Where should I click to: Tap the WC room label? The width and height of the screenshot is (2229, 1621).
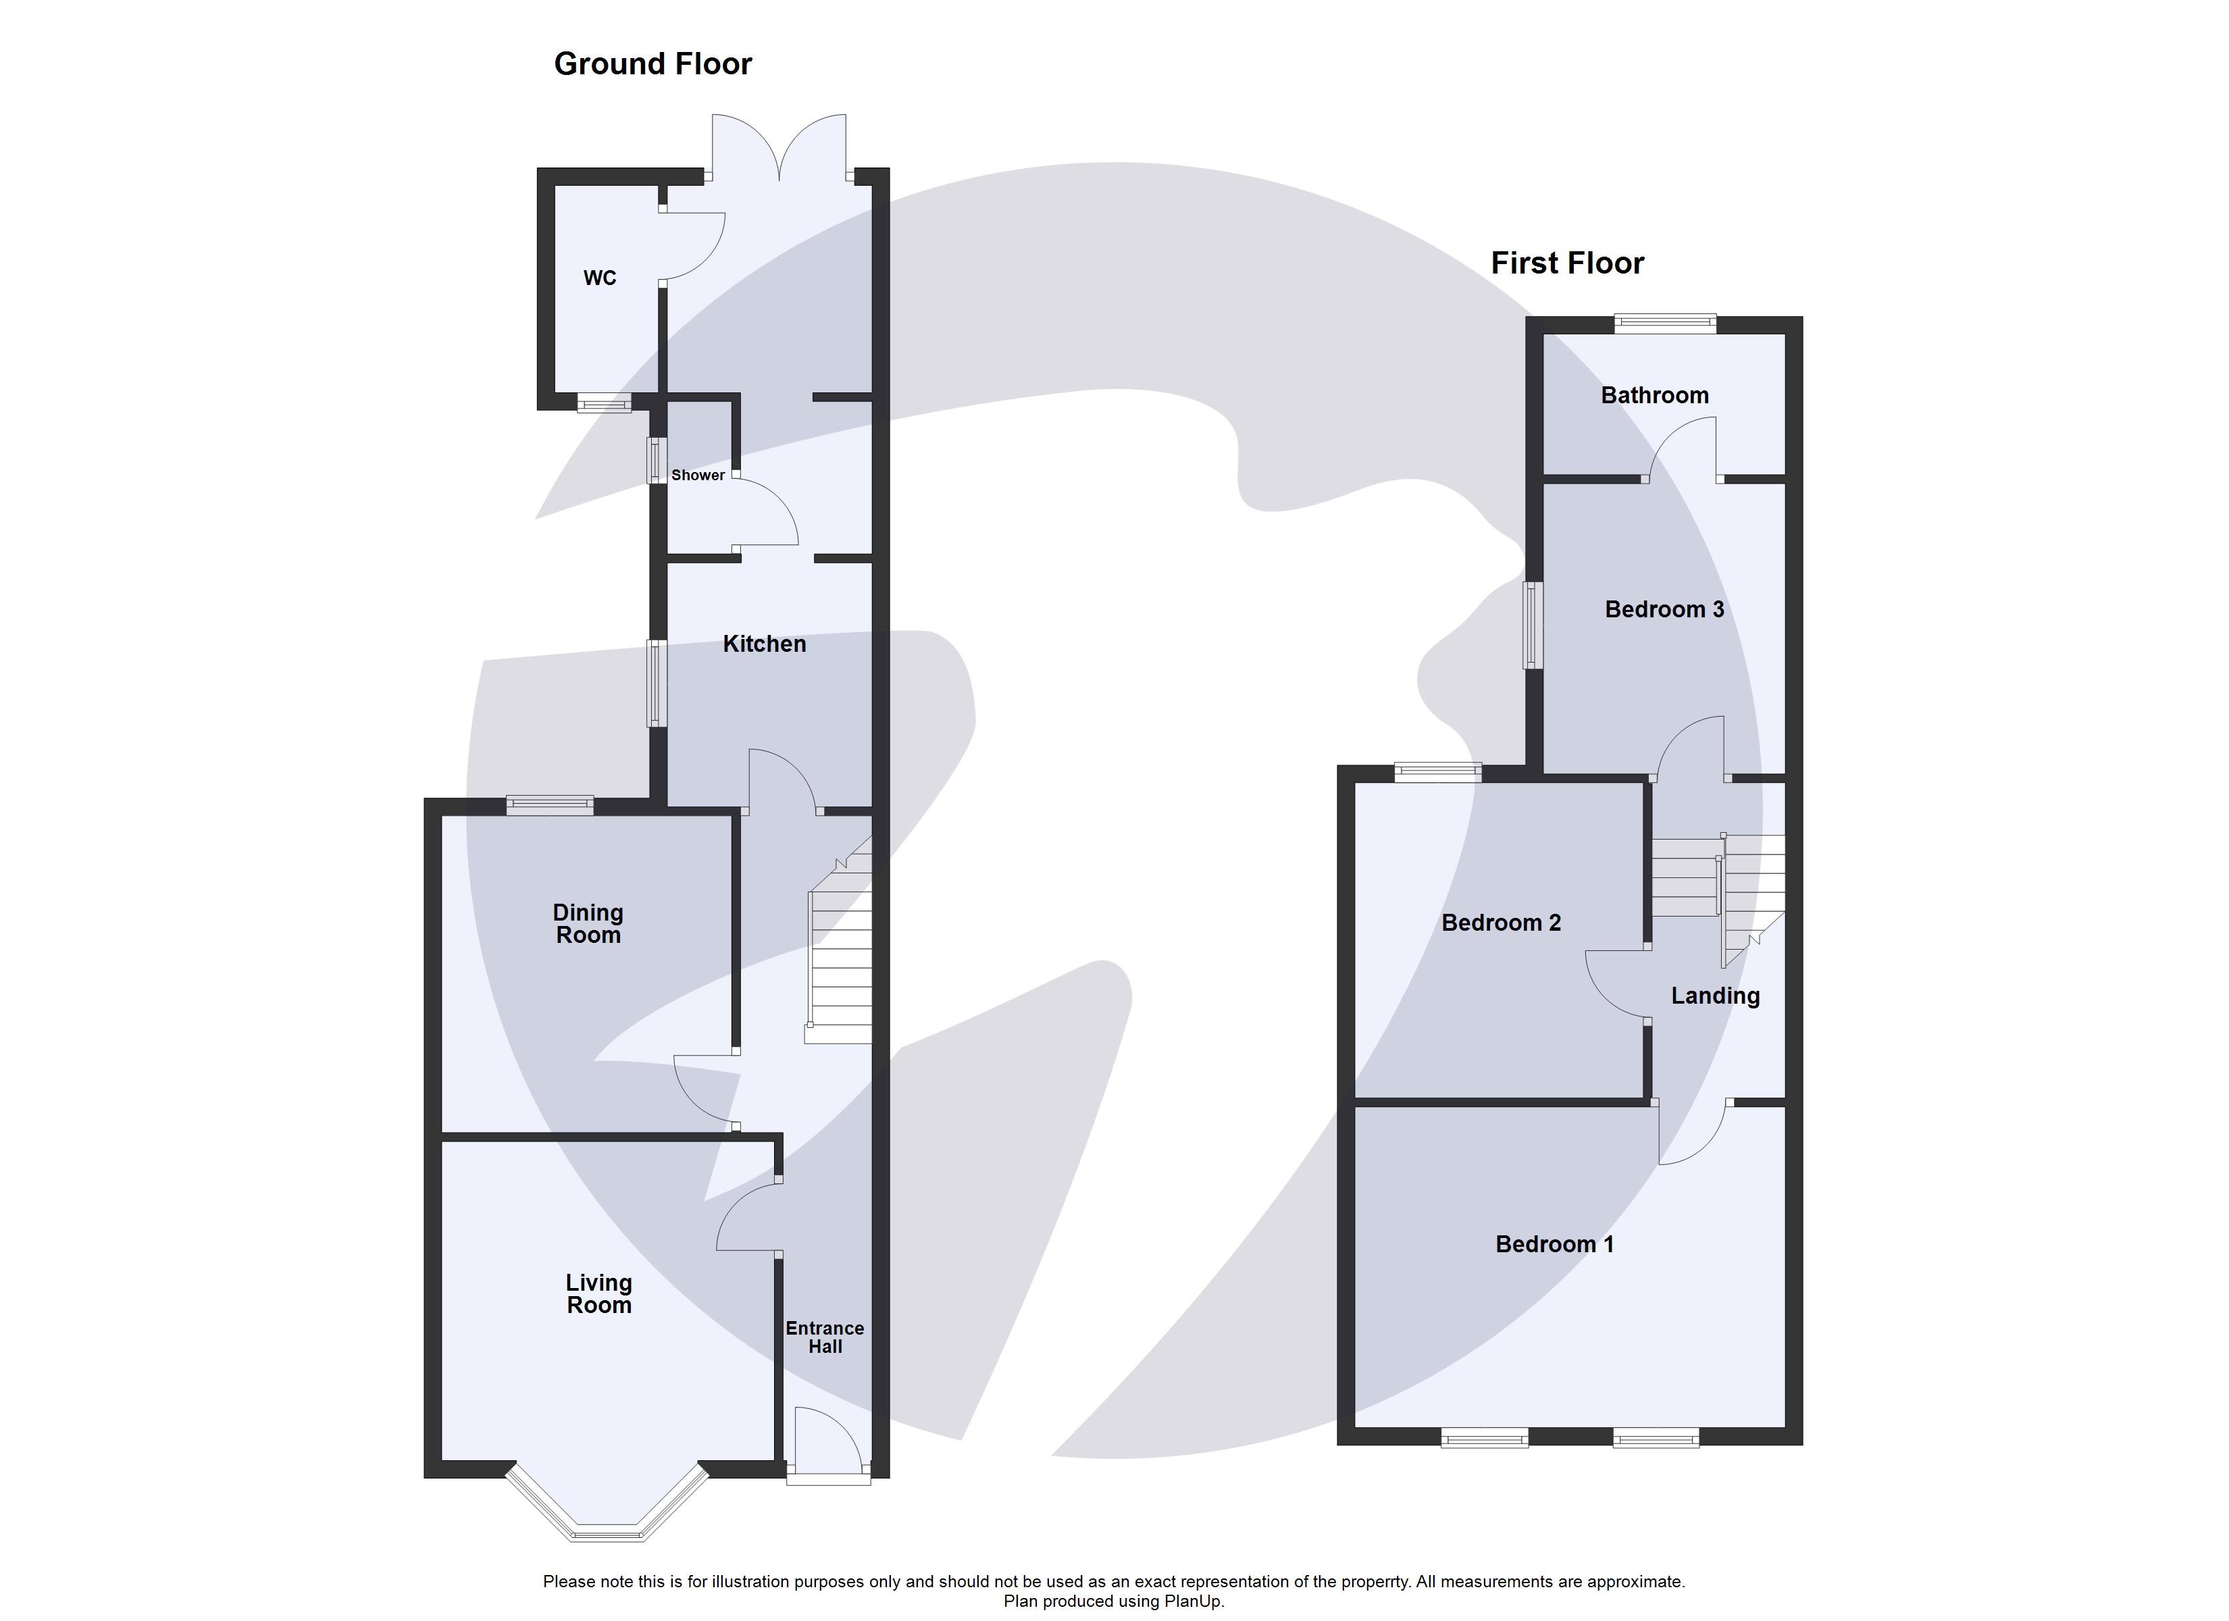coord(600,278)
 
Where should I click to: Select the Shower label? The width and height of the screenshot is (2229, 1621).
coord(698,475)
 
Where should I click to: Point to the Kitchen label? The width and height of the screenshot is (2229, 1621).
coord(764,644)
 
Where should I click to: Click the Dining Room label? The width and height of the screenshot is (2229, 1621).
coord(588,924)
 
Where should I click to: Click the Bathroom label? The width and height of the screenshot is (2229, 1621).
coord(1654,395)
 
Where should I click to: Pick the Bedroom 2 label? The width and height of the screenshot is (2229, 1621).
coord(1501,922)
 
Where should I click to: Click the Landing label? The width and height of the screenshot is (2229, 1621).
coord(1715,996)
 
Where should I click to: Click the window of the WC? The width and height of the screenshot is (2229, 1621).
coord(603,403)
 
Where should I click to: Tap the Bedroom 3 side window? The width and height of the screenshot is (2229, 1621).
coord(1532,625)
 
